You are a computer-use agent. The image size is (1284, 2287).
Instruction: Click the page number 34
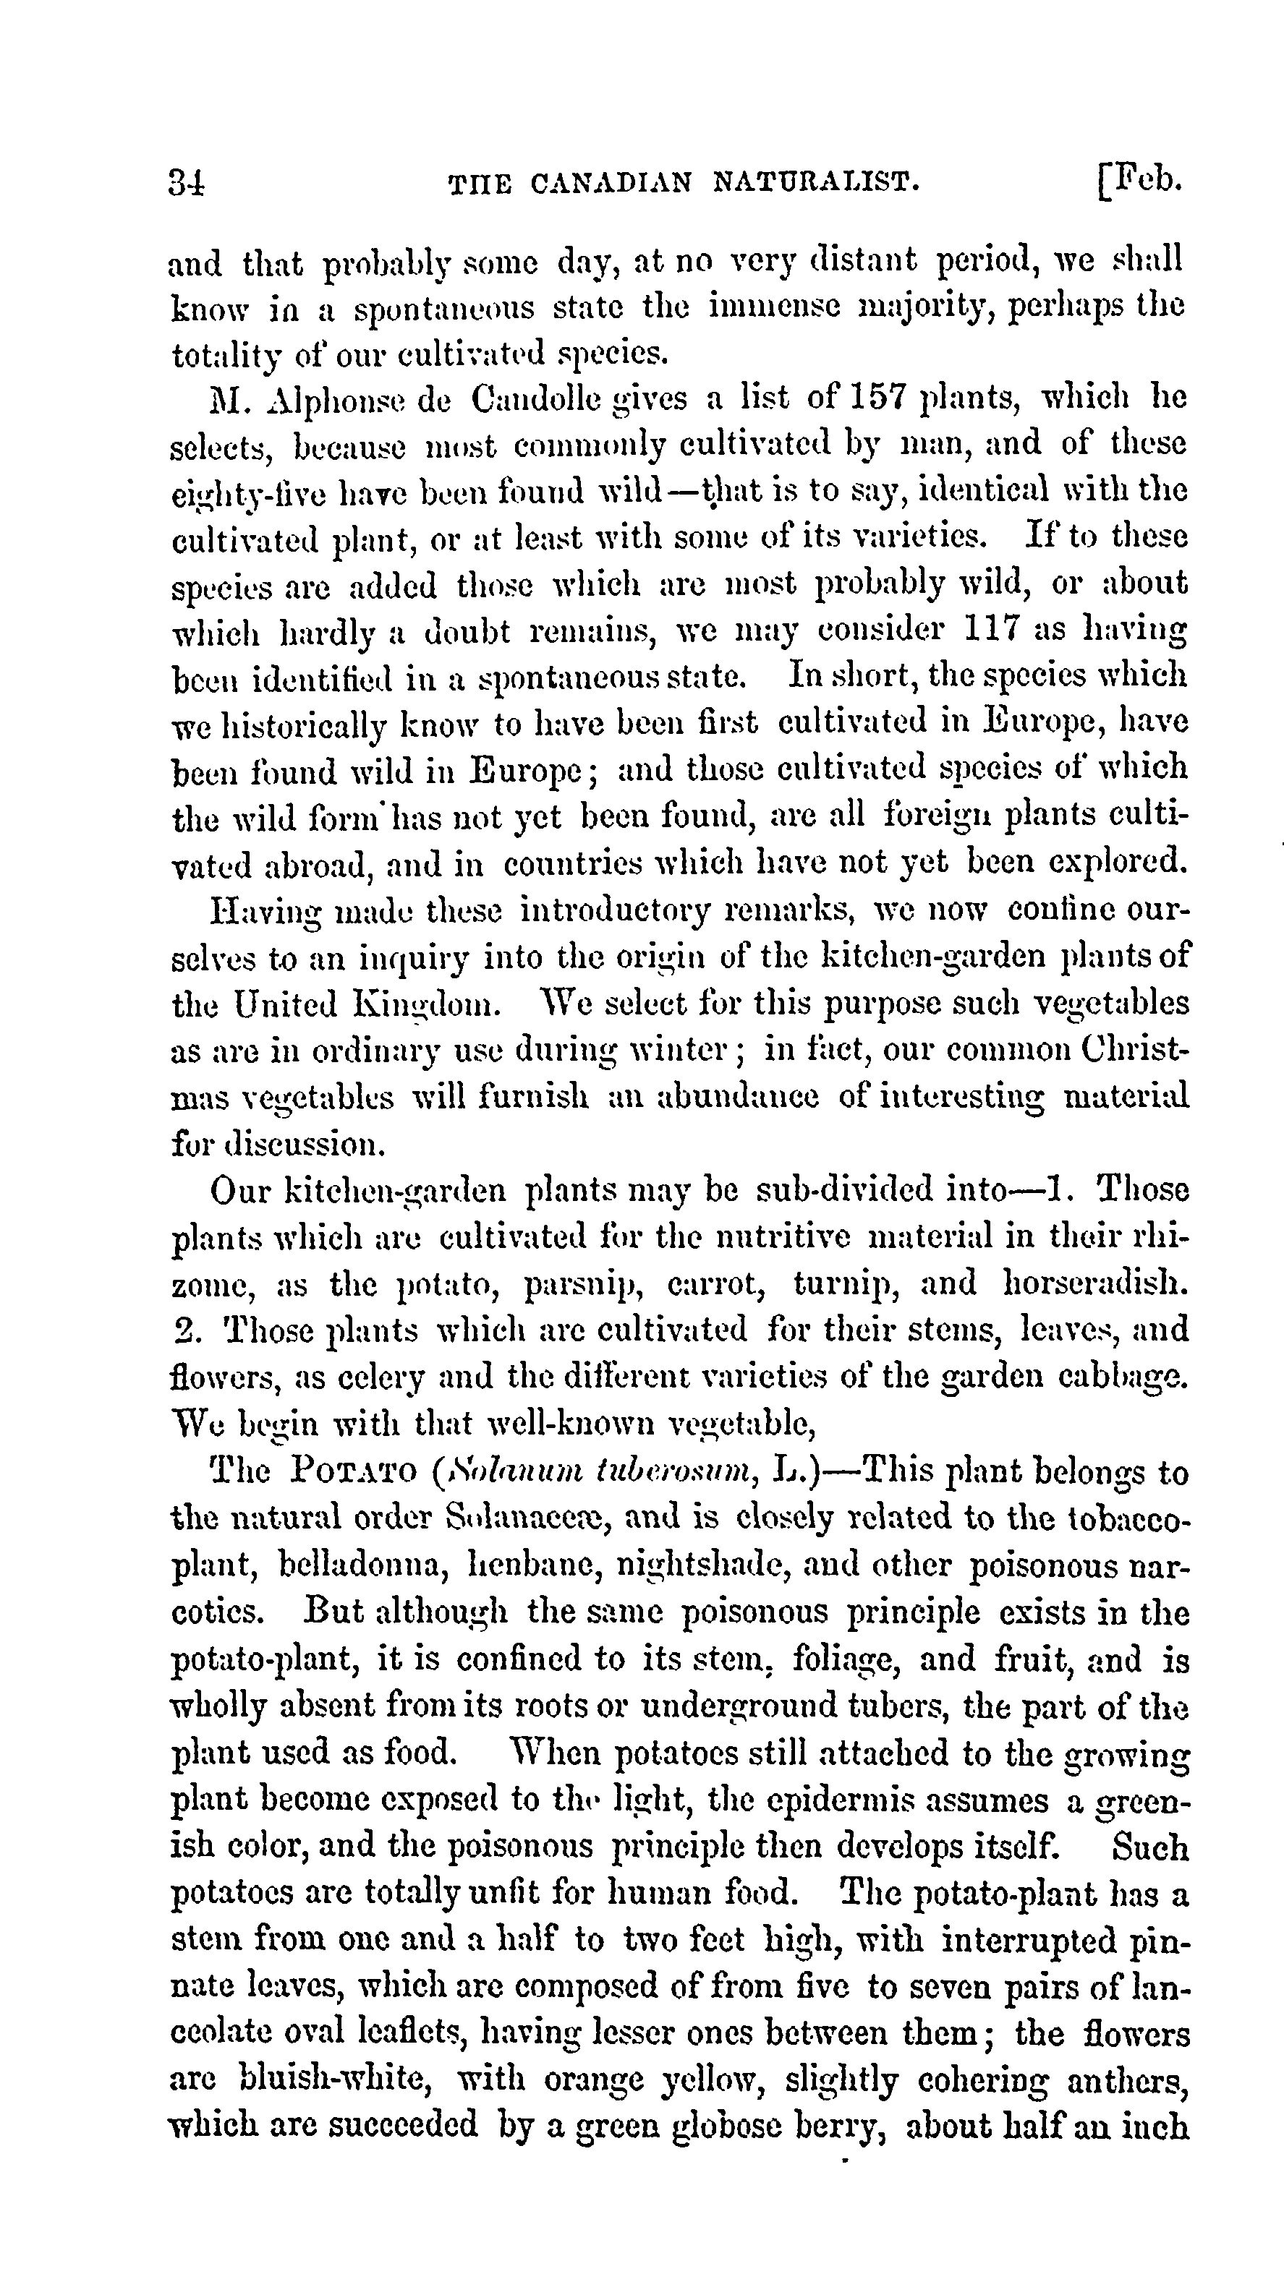point(187,183)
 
